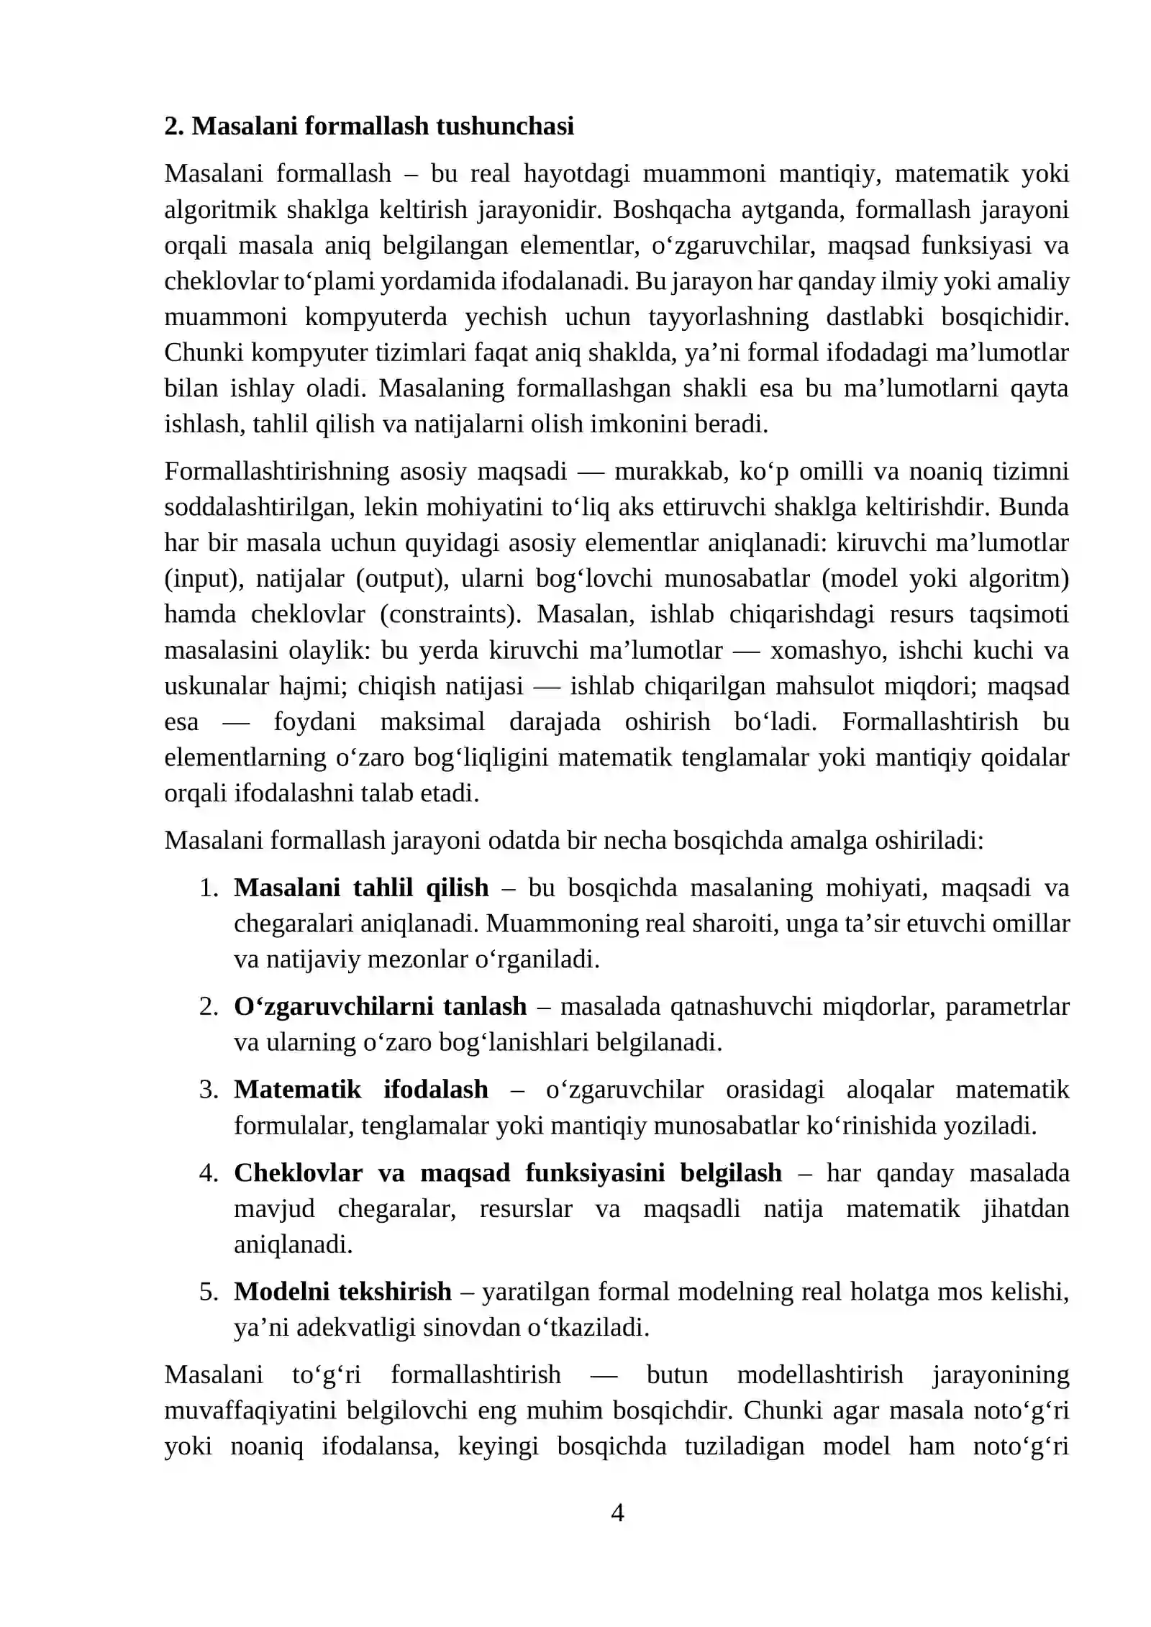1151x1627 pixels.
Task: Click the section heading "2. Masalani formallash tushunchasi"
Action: click(x=369, y=126)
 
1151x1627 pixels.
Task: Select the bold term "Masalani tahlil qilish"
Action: click(x=361, y=888)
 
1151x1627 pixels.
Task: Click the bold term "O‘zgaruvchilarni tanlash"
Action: click(x=380, y=1006)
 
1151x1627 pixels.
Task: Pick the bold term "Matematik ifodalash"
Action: click(x=361, y=1089)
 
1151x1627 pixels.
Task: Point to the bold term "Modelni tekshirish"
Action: click(x=342, y=1291)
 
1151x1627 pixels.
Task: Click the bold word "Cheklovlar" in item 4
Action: click(x=298, y=1172)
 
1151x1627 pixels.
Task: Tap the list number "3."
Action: click(x=209, y=1089)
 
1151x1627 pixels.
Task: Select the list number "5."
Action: click(x=209, y=1291)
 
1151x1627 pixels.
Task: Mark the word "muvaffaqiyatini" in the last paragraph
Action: click(x=250, y=1410)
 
